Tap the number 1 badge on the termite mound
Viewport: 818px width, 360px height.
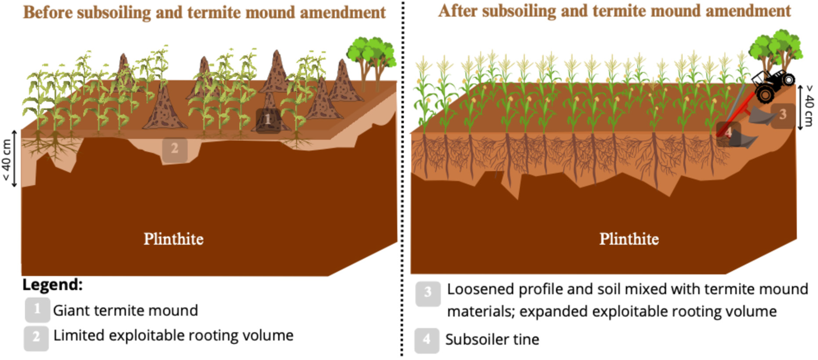coord(268,120)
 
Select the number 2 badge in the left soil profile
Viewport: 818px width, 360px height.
coord(175,149)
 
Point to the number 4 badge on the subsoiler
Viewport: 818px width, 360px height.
coord(728,133)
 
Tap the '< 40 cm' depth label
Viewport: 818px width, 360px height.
coord(7,159)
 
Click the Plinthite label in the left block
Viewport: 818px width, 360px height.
coord(173,239)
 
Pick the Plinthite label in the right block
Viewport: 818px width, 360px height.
coord(629,239)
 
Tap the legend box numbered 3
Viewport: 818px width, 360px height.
coord(428,293)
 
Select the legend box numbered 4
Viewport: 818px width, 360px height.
coord(427,340)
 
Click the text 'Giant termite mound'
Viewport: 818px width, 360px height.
coord(125,311)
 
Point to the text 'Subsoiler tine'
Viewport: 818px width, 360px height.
coord(492,339)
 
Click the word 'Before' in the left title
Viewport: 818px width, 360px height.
coord(48,13)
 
